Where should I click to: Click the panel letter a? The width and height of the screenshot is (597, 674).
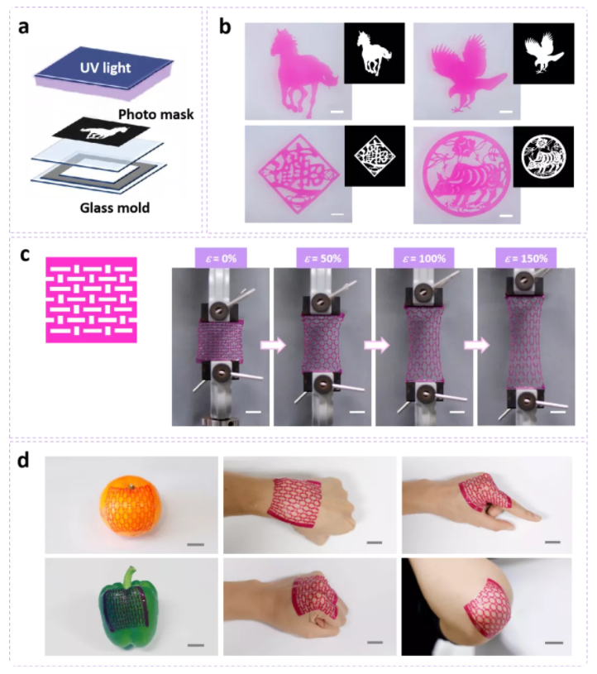pos(24,27)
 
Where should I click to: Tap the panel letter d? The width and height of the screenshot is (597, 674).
pos(23,461)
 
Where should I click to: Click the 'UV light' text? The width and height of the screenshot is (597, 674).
pos(105,68)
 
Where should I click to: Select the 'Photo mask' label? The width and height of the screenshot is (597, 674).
pos(155,114)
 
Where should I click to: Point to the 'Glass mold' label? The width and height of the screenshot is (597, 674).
pos(115,208)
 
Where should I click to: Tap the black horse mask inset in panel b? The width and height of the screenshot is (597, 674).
pos(375,53)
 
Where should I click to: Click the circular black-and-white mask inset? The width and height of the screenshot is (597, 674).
pos(543,156)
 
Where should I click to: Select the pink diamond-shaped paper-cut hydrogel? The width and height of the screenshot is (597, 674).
pos(298,174)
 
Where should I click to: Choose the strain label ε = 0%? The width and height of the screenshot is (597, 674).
pos(221,258)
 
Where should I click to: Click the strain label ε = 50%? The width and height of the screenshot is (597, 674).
pos(322,258)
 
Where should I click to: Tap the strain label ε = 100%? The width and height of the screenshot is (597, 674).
pos(424,258)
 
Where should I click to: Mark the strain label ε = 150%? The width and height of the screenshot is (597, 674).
pos(527,258)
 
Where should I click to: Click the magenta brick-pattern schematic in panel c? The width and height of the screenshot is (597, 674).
pos(91,299)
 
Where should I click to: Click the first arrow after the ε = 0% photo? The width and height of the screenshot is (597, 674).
pos(273,345)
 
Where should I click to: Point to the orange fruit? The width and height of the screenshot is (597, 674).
pos(131,506)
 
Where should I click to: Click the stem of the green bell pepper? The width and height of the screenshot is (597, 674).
pos(128,578)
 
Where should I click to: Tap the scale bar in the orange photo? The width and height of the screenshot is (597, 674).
pos(196,545)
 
